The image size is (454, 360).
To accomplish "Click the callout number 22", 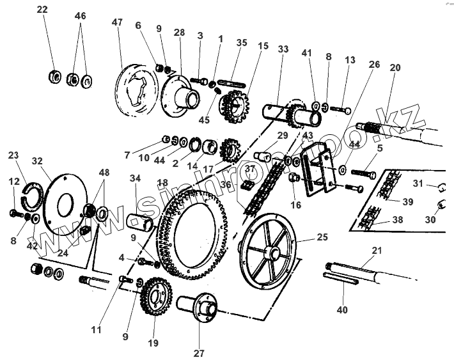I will (42, 10).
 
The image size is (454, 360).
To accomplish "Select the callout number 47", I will (116, 23).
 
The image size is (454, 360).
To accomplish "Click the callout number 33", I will (283, 50).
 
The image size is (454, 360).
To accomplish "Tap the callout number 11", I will (97, 330).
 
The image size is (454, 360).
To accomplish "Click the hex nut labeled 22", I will (54, 77).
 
